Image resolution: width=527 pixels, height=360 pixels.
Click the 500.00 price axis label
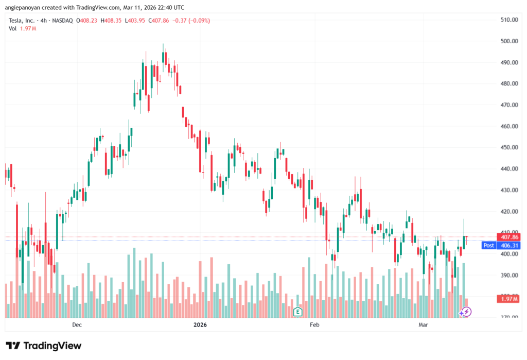click(x=509, y=41)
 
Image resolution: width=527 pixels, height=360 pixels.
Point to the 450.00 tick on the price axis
click(x=509, y=147)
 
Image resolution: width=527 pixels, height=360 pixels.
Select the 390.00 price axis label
click(x=509, y=275)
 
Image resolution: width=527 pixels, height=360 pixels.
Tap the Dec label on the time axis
click(x=77, y=324)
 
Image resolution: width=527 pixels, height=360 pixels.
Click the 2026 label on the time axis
click(x=200, y=324)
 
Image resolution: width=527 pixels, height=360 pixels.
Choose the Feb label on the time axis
click(x=314, y=324)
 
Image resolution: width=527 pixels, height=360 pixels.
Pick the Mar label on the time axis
click(x=423, y=324)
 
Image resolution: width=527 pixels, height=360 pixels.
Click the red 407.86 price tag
click(x=508, y=237)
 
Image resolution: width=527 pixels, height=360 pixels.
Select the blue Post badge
click(x=488, y=246)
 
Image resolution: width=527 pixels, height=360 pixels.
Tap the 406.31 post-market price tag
click(x=508, y=246)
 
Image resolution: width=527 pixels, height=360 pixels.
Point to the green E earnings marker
click(x=297, y=312)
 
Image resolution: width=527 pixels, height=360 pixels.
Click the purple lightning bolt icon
click(x=465, y=312)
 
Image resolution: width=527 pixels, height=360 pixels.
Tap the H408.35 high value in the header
click(x=111, y=21)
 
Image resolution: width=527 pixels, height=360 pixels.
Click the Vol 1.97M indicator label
click(x=21, y=28)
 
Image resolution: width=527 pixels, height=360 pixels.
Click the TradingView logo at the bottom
click(x=43, y=346)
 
